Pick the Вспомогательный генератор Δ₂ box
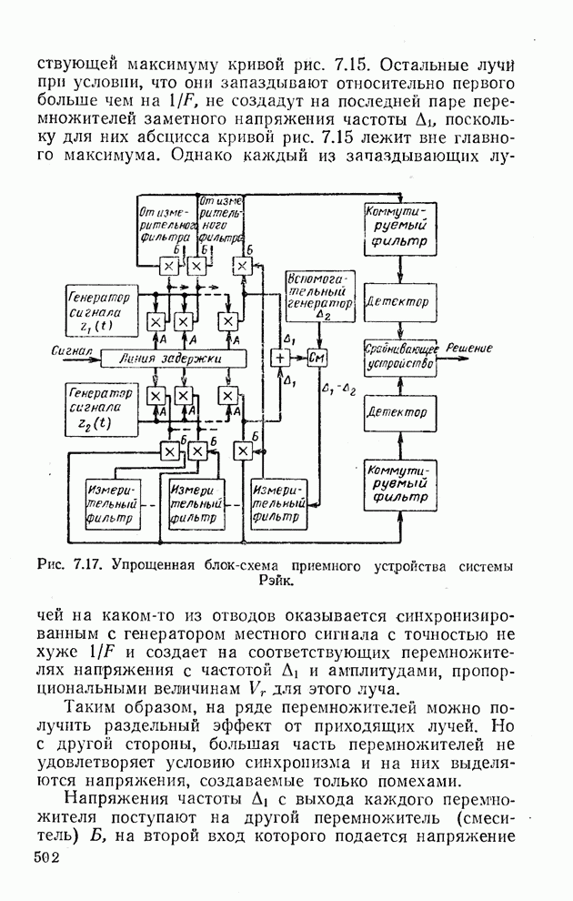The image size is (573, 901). [x=318, y=294]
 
